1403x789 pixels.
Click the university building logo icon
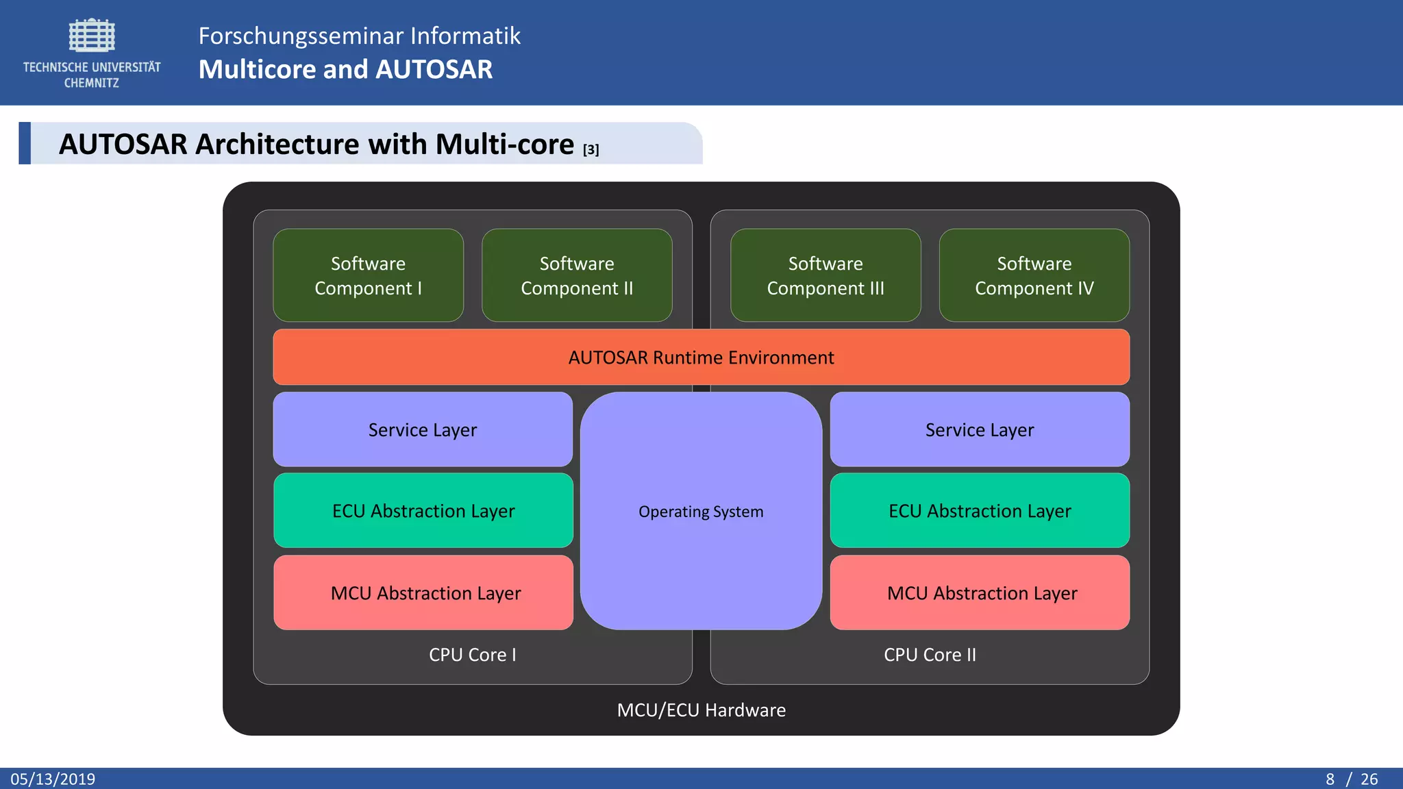(92, 36)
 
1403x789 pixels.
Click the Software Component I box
(369, 275)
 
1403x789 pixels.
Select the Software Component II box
(577, 275)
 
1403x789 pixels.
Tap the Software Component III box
(825, 275)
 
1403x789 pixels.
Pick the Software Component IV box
(1034, 275)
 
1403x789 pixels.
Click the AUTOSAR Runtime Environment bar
(701, 358)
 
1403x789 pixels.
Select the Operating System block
(701, 511)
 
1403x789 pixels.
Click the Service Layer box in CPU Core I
(423, 429)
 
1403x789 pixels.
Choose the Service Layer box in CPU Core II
(980, 429)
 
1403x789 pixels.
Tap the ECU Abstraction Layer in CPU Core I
(423, 511)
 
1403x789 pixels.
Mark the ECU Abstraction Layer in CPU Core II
(980, 511)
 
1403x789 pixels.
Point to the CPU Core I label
(473, 655)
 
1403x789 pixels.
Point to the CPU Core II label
(930, 655)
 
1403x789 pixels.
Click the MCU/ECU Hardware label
(701, 710)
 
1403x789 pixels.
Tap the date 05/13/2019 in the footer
(53, 779)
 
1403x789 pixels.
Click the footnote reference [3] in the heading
(591, 149)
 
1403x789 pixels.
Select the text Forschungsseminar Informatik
(360, 36)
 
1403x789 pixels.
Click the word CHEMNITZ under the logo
(92, 83)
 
